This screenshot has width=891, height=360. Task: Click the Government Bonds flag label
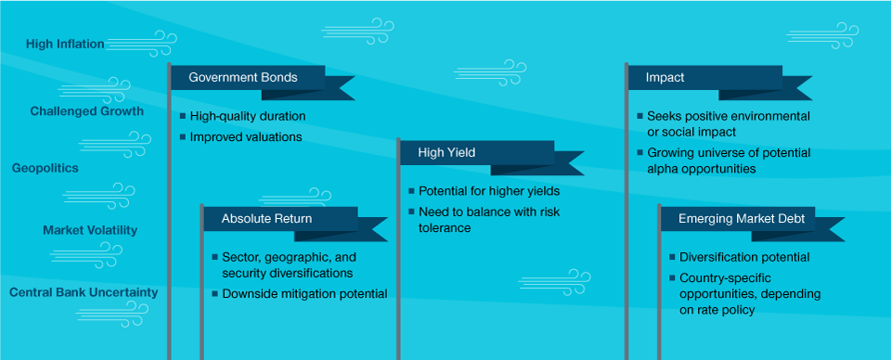(x=242, y=78)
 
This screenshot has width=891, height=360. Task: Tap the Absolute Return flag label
(x=266, y=219)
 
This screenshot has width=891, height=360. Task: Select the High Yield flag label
(x=446, y=152)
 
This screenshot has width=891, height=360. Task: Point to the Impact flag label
(x=665, y=78)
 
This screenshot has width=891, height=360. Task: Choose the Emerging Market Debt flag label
(x=742, y=219)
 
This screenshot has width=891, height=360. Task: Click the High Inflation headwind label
(x=65, y=44)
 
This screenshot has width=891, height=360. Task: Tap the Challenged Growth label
(x=87, y=110)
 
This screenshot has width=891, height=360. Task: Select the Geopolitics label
(x=45, y=168)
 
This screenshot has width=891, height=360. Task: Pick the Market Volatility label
(x=90, y=230)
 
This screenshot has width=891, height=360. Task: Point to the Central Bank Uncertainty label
(x=83, y=292)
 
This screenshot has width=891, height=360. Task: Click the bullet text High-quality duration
(x=248, y=116)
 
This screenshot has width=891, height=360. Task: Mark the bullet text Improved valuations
(x=246, y=136)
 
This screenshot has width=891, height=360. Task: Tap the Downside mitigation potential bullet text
(x=304, y=293)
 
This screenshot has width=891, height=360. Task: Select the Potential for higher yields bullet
(x=489, y=191)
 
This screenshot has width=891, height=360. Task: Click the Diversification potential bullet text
(x=745, y=257)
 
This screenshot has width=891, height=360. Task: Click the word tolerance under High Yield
(x=445, y=227)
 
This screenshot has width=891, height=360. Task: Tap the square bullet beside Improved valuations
(x=183, y=136)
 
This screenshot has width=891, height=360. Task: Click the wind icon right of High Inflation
(x=141, y=45)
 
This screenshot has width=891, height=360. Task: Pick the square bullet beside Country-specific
(x=673, y=277)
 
